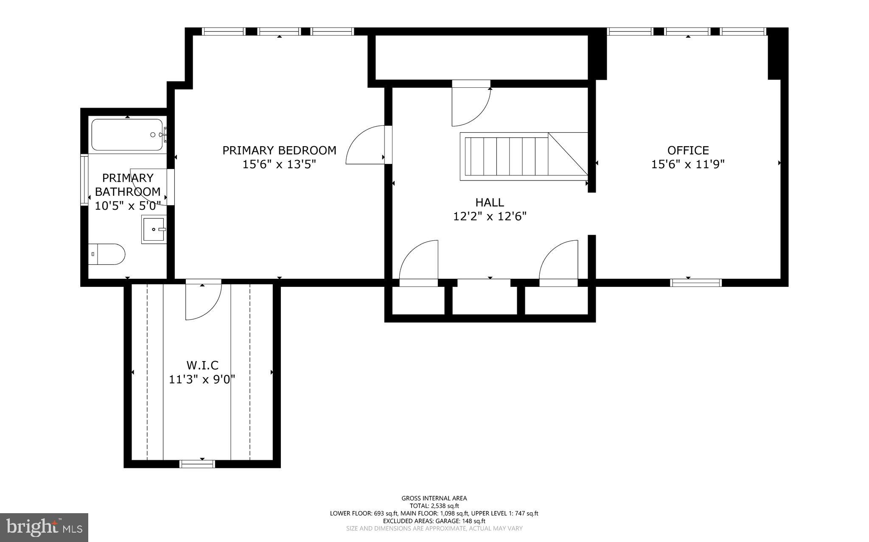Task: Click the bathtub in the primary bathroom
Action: point(127,135)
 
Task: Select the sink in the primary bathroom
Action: point(154,229)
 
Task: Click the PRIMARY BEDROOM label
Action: point(279,150)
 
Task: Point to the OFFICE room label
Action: point(688,150)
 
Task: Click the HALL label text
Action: point(490,202)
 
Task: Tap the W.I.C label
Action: point(202,365)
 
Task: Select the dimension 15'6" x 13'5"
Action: point(279,164)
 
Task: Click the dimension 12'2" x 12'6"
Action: point(490,217)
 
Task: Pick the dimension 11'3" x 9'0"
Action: point(202,379)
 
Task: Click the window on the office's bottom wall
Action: point(696,283)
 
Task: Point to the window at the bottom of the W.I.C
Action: point(197,464)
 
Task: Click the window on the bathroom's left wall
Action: point(84,181)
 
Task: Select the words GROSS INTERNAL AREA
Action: point(434,498)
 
